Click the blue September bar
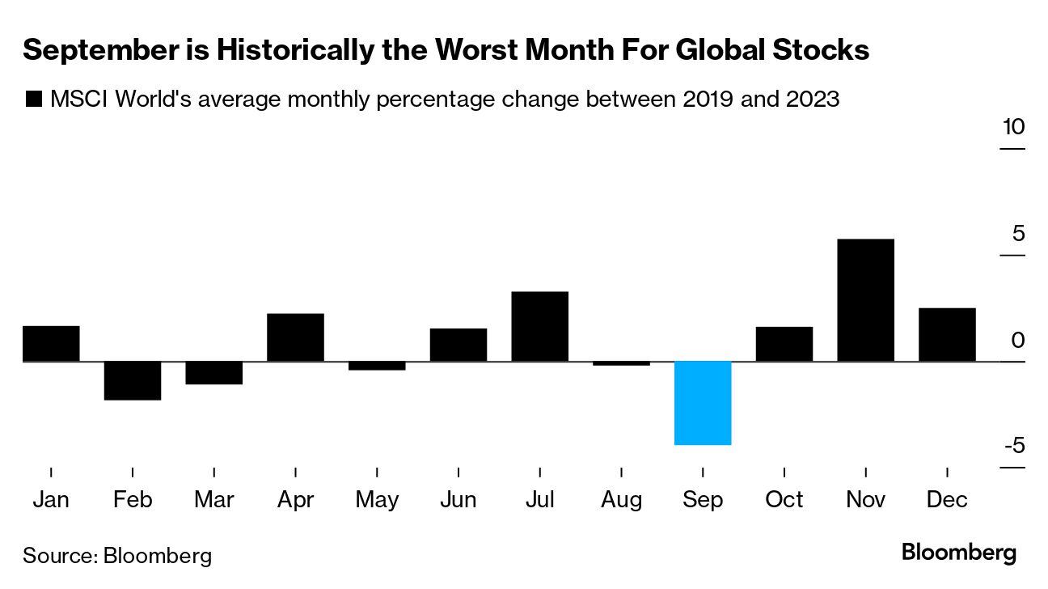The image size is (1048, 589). coord(703,403)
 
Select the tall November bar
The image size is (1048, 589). coord(865,300)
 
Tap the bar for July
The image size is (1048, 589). coord(539,326)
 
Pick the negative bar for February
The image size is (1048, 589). coord(133,380)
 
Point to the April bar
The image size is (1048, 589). coord(295,337)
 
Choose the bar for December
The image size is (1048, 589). coord(947,334)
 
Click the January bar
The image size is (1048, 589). coord(51,343)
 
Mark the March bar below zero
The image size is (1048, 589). coord(213,372)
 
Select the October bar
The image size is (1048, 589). coord(784,344)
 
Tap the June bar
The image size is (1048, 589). coord(458,345)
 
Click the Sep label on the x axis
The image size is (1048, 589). coord(703,500)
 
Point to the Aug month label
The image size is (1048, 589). coord(621,500)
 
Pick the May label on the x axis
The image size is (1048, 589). coord(377,500)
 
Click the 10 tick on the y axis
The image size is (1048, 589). coord(1013,128)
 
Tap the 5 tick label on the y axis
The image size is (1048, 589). coord(1017,234)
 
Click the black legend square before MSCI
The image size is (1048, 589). coord(33,100)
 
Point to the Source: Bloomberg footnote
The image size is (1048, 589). coord(117,556)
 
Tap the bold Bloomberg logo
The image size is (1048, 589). coord(958,553)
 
